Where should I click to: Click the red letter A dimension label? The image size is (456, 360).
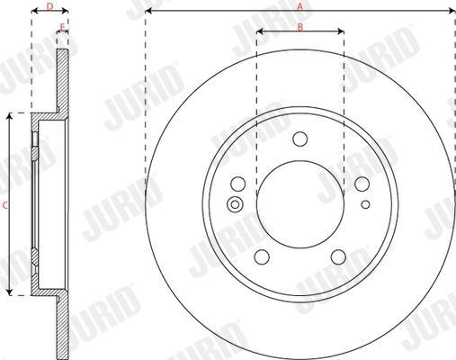(x=300, y=6)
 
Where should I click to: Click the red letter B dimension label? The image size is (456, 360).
(x=300, y=27)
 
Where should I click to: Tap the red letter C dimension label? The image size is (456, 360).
(x=4, y=205)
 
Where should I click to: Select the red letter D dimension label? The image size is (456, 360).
(x=50, y=6)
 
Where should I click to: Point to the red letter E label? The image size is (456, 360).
(x=62, y=28)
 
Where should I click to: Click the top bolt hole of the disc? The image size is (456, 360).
(x=300, y=139)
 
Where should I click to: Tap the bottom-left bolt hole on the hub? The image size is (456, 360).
(x=262, y=256)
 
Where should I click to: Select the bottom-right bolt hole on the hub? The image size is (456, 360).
(x=338, y=256)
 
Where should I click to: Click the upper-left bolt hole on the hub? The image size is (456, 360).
(x=238, y=184)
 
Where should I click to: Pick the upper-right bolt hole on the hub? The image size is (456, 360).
(x=362, y=184)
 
